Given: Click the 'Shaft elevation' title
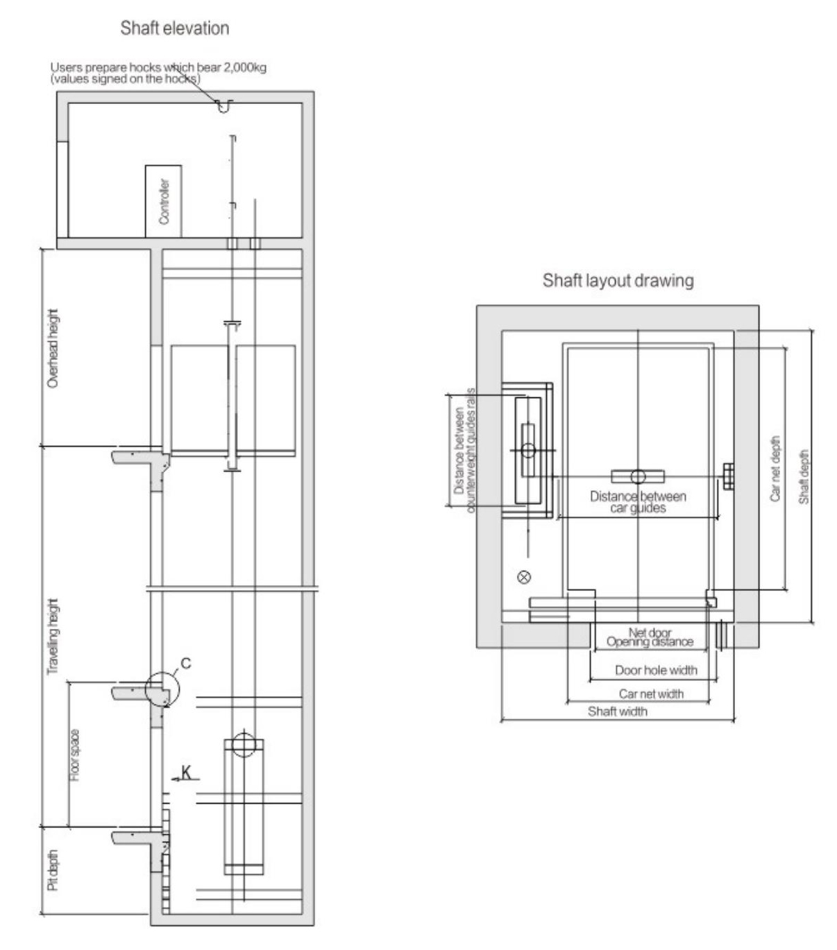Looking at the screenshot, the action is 175,28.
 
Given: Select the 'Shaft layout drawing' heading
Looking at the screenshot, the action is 618,281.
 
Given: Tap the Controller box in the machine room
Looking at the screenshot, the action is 163,201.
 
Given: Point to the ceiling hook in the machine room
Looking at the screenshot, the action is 224,106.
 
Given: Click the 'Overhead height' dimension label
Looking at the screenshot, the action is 53,348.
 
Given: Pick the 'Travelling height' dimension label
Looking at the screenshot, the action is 53,637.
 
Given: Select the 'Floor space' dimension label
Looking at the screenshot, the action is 75,755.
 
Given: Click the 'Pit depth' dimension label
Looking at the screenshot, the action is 53,870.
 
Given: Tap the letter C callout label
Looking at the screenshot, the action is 186,664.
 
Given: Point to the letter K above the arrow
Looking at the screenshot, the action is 187,772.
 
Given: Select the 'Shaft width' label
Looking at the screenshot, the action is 617,711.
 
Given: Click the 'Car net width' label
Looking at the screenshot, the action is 650,694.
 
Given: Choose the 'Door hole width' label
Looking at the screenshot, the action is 656,671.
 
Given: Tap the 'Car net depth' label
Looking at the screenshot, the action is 775,469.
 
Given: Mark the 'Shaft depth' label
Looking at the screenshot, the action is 804,477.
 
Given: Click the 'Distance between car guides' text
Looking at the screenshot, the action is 638,502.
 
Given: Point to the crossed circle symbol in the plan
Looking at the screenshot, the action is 524,577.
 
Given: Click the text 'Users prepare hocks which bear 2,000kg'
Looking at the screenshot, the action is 158,67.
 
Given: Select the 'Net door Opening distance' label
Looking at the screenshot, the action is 650,638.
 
